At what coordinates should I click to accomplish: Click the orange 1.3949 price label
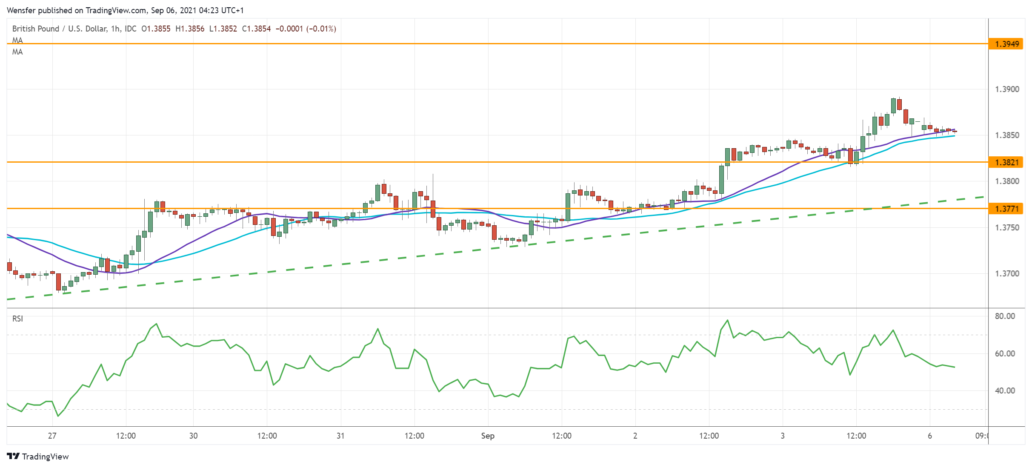coord(1006,44)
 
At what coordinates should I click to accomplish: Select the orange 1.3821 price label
coord(1006,162)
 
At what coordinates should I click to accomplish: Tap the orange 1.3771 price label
coord(1006,209)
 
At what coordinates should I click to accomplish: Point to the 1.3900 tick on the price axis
coord(1007,89)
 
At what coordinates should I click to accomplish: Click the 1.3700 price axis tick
coord(1007,273)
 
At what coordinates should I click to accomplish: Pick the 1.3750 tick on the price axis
coord(1007,227)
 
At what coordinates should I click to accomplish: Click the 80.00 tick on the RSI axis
coord(1005,316)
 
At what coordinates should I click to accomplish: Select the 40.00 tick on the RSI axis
coord(1005,390)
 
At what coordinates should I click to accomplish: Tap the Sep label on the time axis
coord(488,436)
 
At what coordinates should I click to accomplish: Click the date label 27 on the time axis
coord(52,436)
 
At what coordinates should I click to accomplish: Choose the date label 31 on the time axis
coord(340,436)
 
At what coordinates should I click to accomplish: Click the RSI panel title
coord(17,319)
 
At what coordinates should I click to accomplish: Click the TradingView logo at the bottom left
coord(38,457)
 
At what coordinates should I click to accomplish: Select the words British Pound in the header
coord(36,29)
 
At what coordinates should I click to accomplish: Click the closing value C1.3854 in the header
coord(256,29)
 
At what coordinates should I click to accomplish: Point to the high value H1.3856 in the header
coord(190,29)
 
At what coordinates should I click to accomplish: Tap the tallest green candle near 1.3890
coord(894,105)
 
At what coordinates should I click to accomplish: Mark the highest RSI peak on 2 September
coord(727,320)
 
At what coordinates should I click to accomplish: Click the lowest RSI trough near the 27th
coord(58,416)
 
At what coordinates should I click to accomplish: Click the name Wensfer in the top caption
coord(21,10)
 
